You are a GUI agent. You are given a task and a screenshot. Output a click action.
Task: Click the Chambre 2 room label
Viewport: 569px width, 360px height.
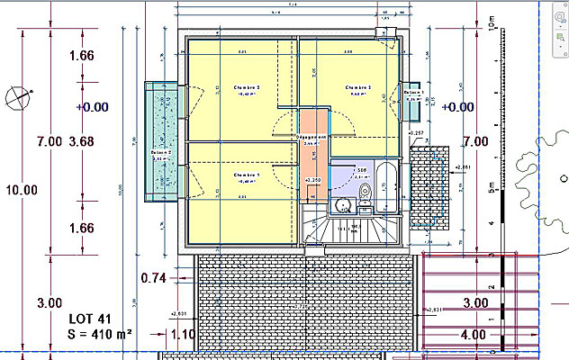[246, 87]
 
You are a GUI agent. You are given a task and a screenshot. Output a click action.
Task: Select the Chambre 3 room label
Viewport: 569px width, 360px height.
[357, 87]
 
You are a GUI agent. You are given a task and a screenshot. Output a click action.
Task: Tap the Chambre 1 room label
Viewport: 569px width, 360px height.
[246, 175]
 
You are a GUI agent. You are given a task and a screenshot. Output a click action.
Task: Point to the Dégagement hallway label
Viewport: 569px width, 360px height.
[312, 137]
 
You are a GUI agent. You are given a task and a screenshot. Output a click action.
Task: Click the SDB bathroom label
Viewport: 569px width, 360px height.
[359, 169]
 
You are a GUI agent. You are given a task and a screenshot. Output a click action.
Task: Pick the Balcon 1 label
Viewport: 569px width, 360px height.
[413, 93]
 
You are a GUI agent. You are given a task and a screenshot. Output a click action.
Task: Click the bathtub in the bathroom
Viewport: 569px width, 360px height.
[384, 186]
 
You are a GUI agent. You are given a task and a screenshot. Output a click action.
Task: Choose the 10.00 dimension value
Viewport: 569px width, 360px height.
[22, 190]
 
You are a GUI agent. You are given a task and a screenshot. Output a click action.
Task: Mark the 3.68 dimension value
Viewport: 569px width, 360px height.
[81, 141]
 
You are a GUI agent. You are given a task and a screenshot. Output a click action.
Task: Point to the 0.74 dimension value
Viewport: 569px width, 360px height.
[154, 278]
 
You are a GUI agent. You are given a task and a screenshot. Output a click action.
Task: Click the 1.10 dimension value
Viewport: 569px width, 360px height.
[183, 335]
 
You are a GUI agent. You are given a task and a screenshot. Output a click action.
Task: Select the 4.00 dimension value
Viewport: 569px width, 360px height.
[474, 334]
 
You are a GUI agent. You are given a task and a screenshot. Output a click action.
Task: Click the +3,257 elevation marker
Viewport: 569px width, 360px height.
[417, 134]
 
